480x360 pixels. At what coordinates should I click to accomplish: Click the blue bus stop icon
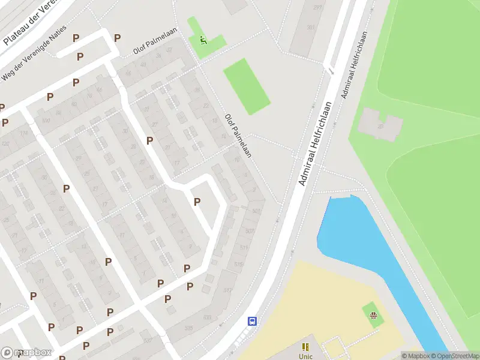coord(253,320)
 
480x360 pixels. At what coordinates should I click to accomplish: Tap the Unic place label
coord(306,356)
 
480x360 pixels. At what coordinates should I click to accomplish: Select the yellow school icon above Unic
coord(306,347)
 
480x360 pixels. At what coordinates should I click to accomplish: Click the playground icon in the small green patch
coord(373,316)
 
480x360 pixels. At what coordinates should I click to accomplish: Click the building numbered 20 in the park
coord(380,127)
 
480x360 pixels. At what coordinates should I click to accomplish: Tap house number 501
coord(256,211)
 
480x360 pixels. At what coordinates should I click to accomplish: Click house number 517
coord(227,290)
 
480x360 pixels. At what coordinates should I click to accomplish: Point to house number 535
coord(189,328)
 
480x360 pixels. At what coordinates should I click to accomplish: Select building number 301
coord(310,28)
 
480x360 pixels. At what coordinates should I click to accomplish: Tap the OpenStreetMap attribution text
coord(454,356)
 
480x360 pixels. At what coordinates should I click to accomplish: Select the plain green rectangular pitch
coord(247,86)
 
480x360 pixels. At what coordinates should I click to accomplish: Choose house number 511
coord(244,247)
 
